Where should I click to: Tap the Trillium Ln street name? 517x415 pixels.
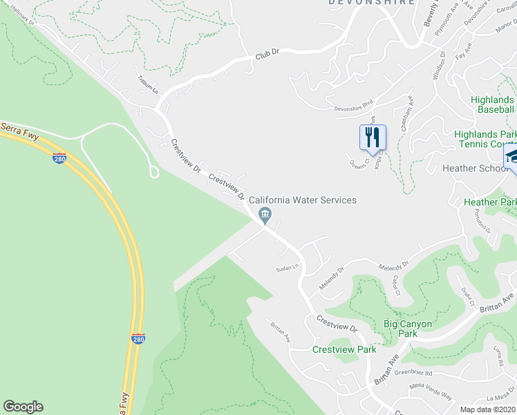[147, 85]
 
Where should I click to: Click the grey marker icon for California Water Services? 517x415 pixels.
[265, 217]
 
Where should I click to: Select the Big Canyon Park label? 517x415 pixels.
[408, 329]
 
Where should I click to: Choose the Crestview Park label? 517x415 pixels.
[344, 349]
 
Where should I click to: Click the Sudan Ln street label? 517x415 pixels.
[286, 267]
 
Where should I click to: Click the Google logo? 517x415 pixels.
[23, 407]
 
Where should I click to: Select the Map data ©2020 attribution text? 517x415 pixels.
[487, 409]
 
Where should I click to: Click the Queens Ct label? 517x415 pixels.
[357, 163]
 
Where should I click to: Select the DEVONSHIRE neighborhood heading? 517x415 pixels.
[372, 3]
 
